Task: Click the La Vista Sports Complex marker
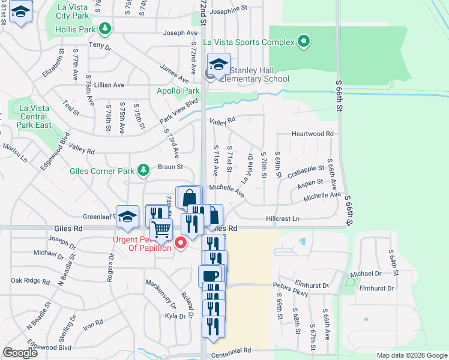(x=304, y=42)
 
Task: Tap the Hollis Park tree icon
(x=106, y=28)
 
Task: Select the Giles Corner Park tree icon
(x=143, y=171)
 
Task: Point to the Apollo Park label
(x=178, y=91)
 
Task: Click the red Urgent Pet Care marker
(x=179, y=244)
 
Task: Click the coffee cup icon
(x=210, y=275)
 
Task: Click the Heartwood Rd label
(x=312, y=134)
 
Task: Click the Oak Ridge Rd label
(x=30, y=280)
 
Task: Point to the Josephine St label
(x=229, y=10)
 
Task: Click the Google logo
(x=20, y=353)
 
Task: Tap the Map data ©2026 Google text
(x=411, y=355)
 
